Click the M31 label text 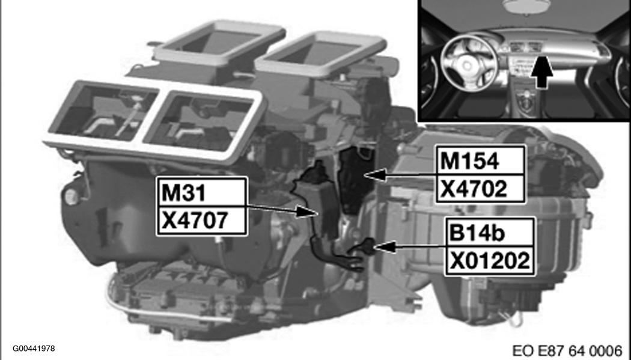pos(184,193)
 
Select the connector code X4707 pos(195,221)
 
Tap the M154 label pos(469,161)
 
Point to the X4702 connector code pos(474,189)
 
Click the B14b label pos(477,234)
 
